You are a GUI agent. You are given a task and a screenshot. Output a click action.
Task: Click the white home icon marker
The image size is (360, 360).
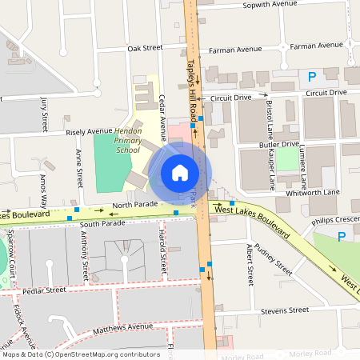179,172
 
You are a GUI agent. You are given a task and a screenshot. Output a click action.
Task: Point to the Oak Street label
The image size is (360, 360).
145,48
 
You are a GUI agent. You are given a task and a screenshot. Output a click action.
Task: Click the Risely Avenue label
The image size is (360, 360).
89,130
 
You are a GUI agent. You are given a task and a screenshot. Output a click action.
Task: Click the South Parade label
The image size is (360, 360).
102,224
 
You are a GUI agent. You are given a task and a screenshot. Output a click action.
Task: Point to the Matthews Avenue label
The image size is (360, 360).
122,327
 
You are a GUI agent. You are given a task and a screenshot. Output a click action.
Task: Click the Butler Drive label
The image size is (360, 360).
279,145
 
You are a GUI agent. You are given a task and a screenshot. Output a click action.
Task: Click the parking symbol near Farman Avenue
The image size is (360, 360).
311,77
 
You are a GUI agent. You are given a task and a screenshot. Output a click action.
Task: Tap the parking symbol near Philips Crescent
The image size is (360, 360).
342,236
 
